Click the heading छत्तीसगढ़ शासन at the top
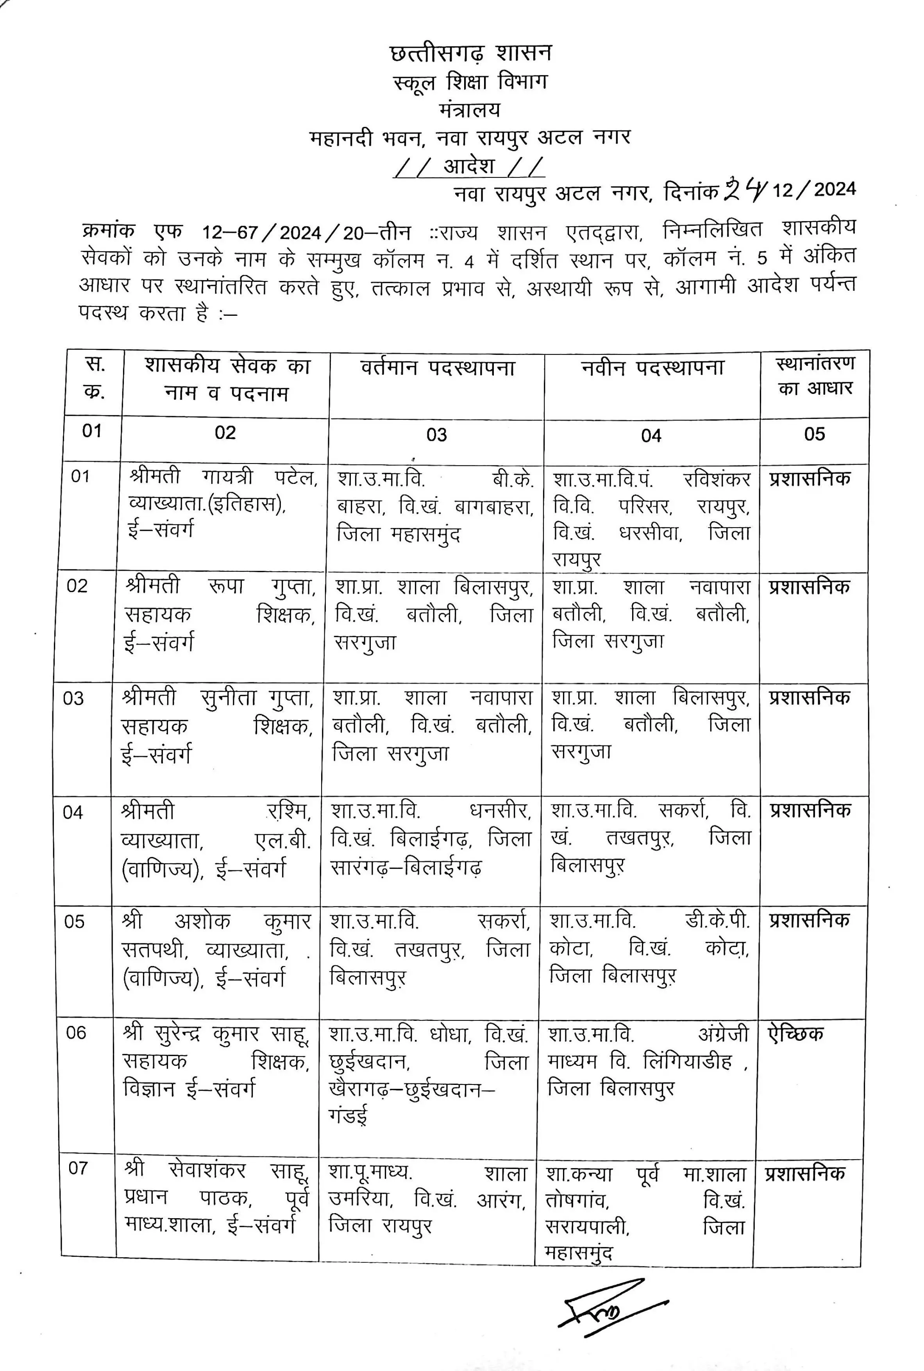[x=470, y=53]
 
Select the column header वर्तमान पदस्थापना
[x=437, y=369]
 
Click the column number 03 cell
[x=437, y=435]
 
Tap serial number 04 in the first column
[x=73, y=812]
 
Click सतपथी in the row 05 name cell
[x=154, y=950]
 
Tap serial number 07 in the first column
[x=78, y=1168]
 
